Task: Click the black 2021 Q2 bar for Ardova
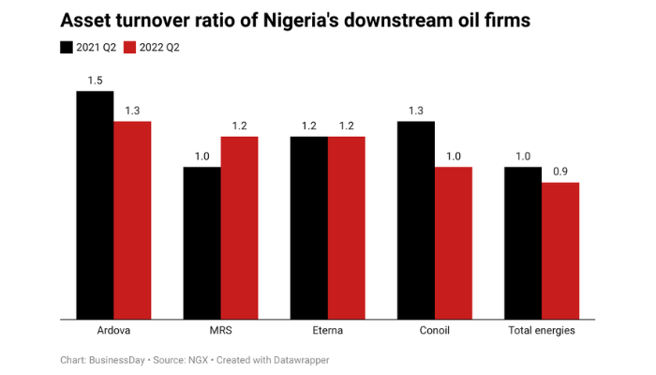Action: [95, 205]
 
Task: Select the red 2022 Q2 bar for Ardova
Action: [132, 220]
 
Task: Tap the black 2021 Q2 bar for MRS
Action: [201, 243]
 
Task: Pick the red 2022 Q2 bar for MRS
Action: [239, 228]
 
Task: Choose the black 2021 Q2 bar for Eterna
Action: [308, 228]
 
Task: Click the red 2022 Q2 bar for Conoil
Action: [454, 243]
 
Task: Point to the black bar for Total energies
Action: [523, 243]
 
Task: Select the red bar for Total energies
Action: [560, 250]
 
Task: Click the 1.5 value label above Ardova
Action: [95, 81]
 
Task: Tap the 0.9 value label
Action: [560, 172]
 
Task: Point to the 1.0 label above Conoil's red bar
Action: [454, 157]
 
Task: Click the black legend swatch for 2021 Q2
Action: [67, 47]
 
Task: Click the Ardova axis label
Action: [113, 331]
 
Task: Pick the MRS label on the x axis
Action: [220, 331]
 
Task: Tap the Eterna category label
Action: [327, 331]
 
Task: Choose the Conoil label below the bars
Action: [434, 331]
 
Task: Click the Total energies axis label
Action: [542, 331]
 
